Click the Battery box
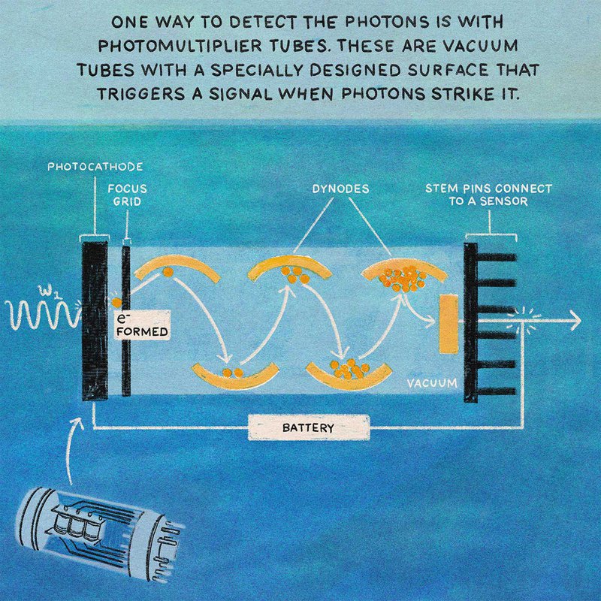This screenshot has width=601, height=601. tap(309, 427)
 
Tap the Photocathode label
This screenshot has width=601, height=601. tap(95, 167)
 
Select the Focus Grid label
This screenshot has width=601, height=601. tap(127, 195)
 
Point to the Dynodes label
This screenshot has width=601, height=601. tap(340, 189)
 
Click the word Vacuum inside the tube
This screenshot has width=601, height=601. tap(432, 383)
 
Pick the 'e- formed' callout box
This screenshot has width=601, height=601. tap(142, 325)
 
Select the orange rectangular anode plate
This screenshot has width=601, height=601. tap(448, 324)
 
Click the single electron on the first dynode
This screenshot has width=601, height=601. tap(168, 272)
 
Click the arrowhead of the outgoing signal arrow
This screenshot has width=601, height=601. tap(575, 321)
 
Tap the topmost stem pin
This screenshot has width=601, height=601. tap(497, 257)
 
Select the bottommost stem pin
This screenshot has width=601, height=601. tap(497, 391)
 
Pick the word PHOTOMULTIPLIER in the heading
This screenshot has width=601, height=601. tap(180, 46)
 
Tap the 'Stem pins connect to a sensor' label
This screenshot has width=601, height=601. tap(489, 195)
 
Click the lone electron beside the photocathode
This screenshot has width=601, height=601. tap(116, 303)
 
